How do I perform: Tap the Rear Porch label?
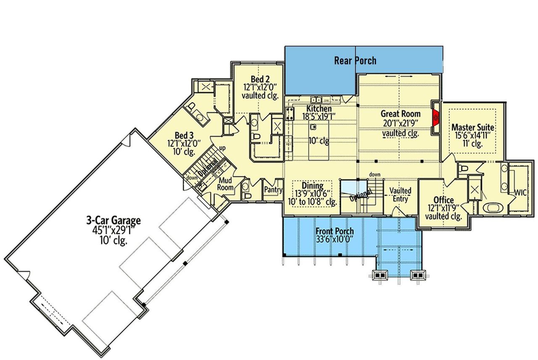(x=355, y=60)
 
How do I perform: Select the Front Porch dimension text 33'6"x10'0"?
(x=335, y=239)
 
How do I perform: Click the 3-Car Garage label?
(x=113, y=220)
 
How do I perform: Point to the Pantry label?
(x=273, y=190)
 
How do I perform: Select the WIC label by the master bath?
(x=521, y=192)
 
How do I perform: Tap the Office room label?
(x=443, y=200)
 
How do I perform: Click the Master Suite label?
(x=472, y=127)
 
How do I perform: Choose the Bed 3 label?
(x=184, y=135)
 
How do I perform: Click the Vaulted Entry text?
(x=400, y=195)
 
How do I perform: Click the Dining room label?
(x=312, y=186)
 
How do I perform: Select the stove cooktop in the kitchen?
(x=290, y=113)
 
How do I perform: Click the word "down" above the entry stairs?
(x=375, y=174)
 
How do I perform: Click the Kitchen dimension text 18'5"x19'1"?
(x=319, y=117)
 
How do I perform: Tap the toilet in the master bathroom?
(x=464, y=168)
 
